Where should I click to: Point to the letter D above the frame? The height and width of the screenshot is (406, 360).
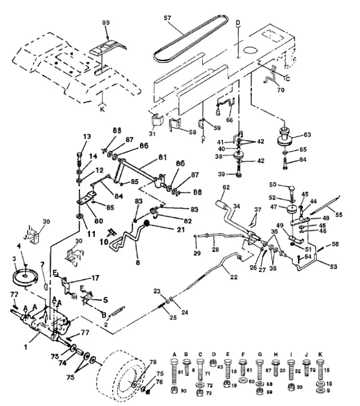click(x=238, y=23)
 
